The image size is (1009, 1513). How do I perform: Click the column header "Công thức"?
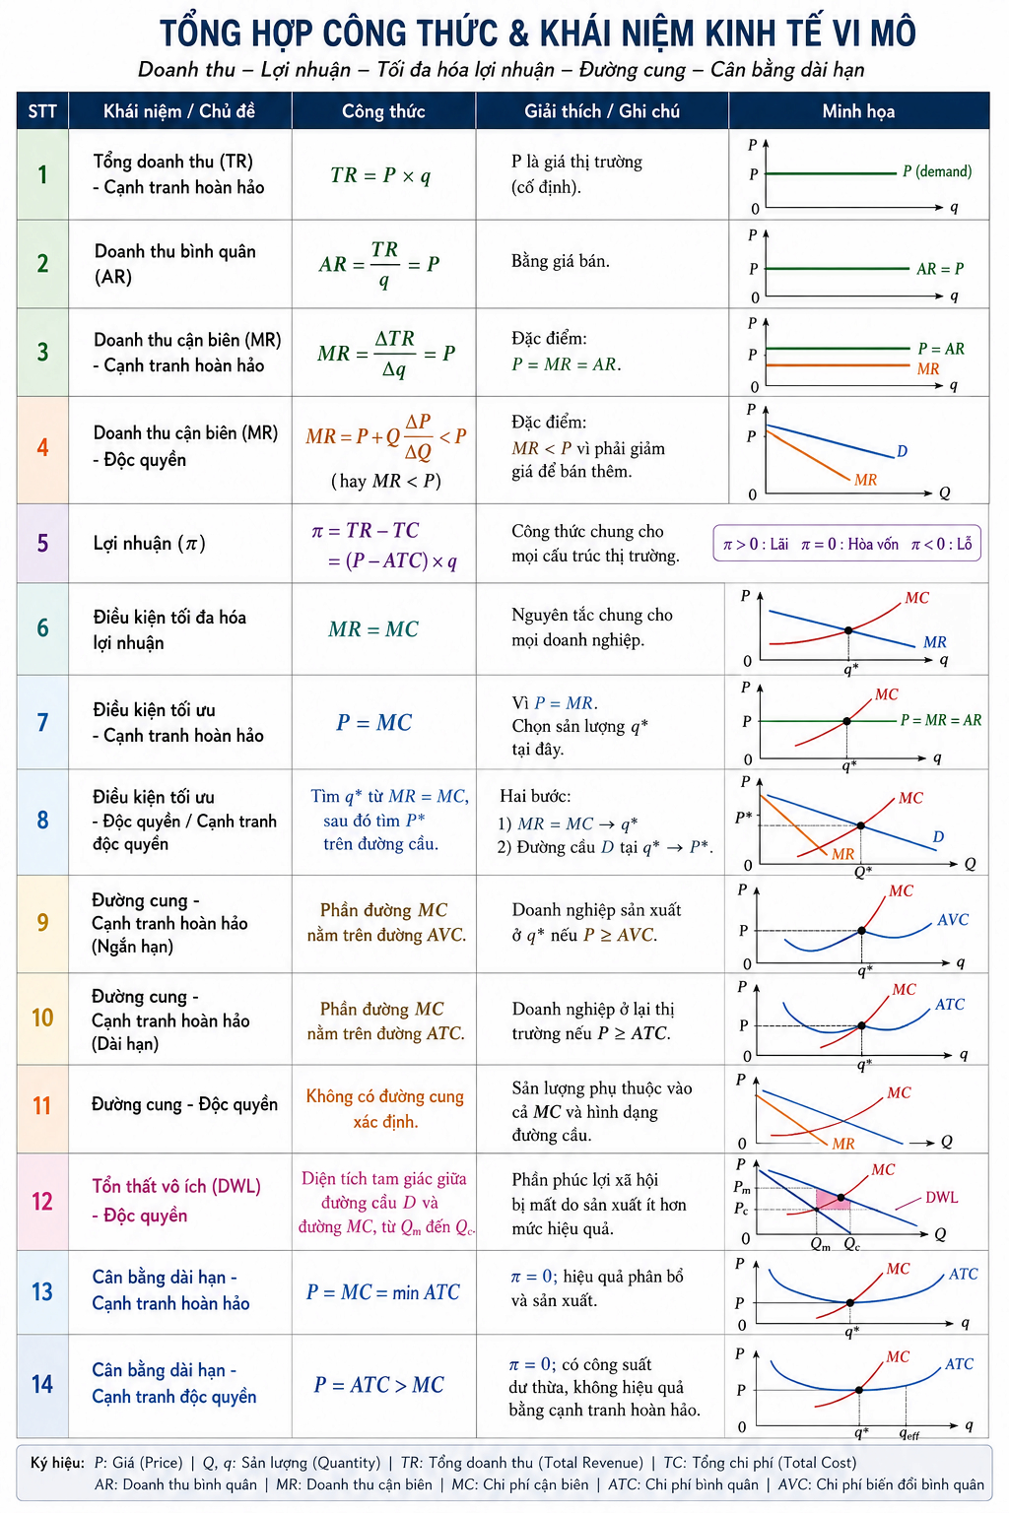(x=383, y=111)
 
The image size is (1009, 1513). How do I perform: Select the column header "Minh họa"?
(x=858, y=111)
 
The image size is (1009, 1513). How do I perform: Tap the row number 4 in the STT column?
(x=42, y=448)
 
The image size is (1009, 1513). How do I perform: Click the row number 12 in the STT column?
(x=42, y=1201)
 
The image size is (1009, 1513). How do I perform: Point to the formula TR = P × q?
(x=380, y=175)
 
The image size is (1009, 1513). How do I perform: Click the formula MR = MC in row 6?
(x=373, y=628)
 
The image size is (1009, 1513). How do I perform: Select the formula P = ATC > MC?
(x=378, y=1385)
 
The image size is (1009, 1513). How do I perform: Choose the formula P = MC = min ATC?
(x=383, y=1291)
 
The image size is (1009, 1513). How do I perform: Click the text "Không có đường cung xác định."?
(x=385, y=1108)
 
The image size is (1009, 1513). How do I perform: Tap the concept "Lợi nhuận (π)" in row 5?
(x=150, y=543)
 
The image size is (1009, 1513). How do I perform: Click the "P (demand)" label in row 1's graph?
(x=937, y=171)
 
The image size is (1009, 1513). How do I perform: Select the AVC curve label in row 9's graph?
(x=953, y=919)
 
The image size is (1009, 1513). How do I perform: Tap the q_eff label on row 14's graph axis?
(x=908, y=1432)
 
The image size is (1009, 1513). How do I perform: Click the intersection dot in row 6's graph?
(x=848, y=630)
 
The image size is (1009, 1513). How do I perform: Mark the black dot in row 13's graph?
(x=850, y=1302)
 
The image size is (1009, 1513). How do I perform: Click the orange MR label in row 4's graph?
(x=866, y=481)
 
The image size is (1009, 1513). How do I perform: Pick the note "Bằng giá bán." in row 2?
(x=561, y=261)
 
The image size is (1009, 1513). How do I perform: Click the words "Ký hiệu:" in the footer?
(x=57, y=1463)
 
